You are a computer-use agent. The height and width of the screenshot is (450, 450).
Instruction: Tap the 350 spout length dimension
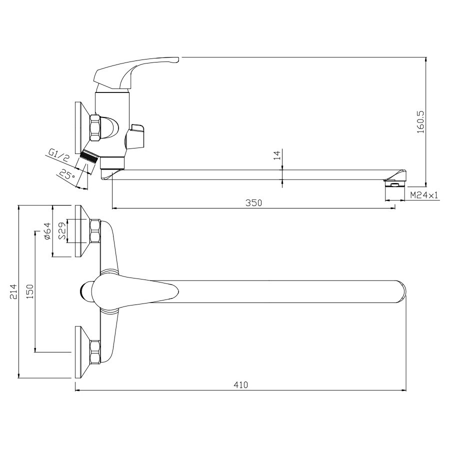pyautogui.click(x=253, y=203)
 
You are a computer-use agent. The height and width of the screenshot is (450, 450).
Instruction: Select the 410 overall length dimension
pyautogui.click(x=240, y=385)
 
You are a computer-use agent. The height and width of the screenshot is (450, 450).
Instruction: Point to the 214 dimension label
pyautogui.click(x=13, y=291)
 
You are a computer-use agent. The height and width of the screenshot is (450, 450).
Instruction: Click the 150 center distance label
pyautogui.click(x=30, y=291)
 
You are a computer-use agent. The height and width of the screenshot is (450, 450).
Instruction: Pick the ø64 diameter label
pyautogui.click(x=47, y=231)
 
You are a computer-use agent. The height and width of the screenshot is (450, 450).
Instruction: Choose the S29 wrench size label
pyautogui.click(x=62, y=231)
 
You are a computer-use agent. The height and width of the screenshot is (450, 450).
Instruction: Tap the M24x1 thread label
pyautogui.click(x=424, y=195)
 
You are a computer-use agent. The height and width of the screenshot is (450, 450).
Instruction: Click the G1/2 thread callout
pyautogui.click(x=58, y=155)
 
